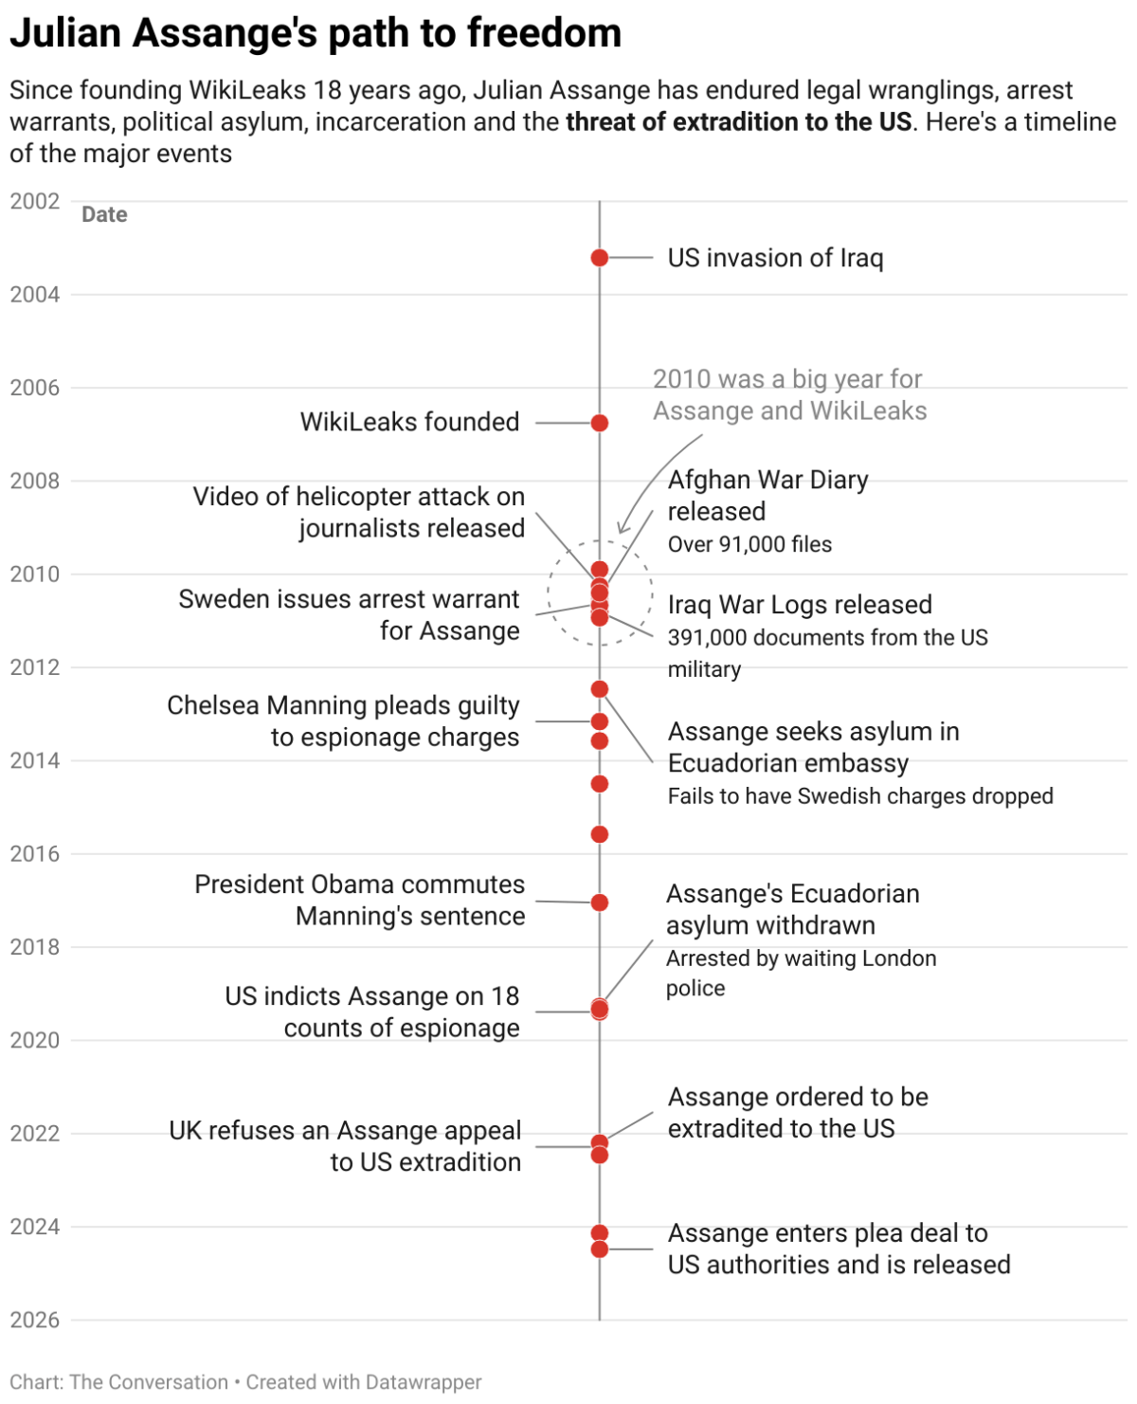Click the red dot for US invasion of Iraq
click(599, 258)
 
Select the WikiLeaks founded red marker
click(599, 423)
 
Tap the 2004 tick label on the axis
click(35, 295)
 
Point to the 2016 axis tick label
click(35, 854)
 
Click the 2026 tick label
click(35, 1320)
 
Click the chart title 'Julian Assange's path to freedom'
click(316, 33)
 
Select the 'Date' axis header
click(104, 214)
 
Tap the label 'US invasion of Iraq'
click(775, 258)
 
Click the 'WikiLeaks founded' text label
click(409, 422)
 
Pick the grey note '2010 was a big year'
click(788, 394)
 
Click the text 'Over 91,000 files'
click(749, 544)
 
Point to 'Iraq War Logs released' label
click(800, 605)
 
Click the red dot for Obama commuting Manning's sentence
click(599, 903)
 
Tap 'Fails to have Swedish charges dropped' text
click(860, 796)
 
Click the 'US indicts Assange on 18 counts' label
click(372, 1012)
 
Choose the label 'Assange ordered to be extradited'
click(798, 1113)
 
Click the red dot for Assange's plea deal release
click(599, 1249)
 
